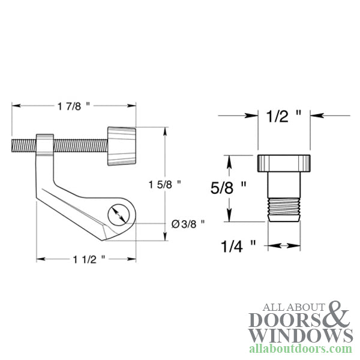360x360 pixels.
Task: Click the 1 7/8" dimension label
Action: pos(75,106)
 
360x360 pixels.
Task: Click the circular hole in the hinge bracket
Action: pos(118,214)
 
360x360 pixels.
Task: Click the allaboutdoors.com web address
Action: pos(300,349)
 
